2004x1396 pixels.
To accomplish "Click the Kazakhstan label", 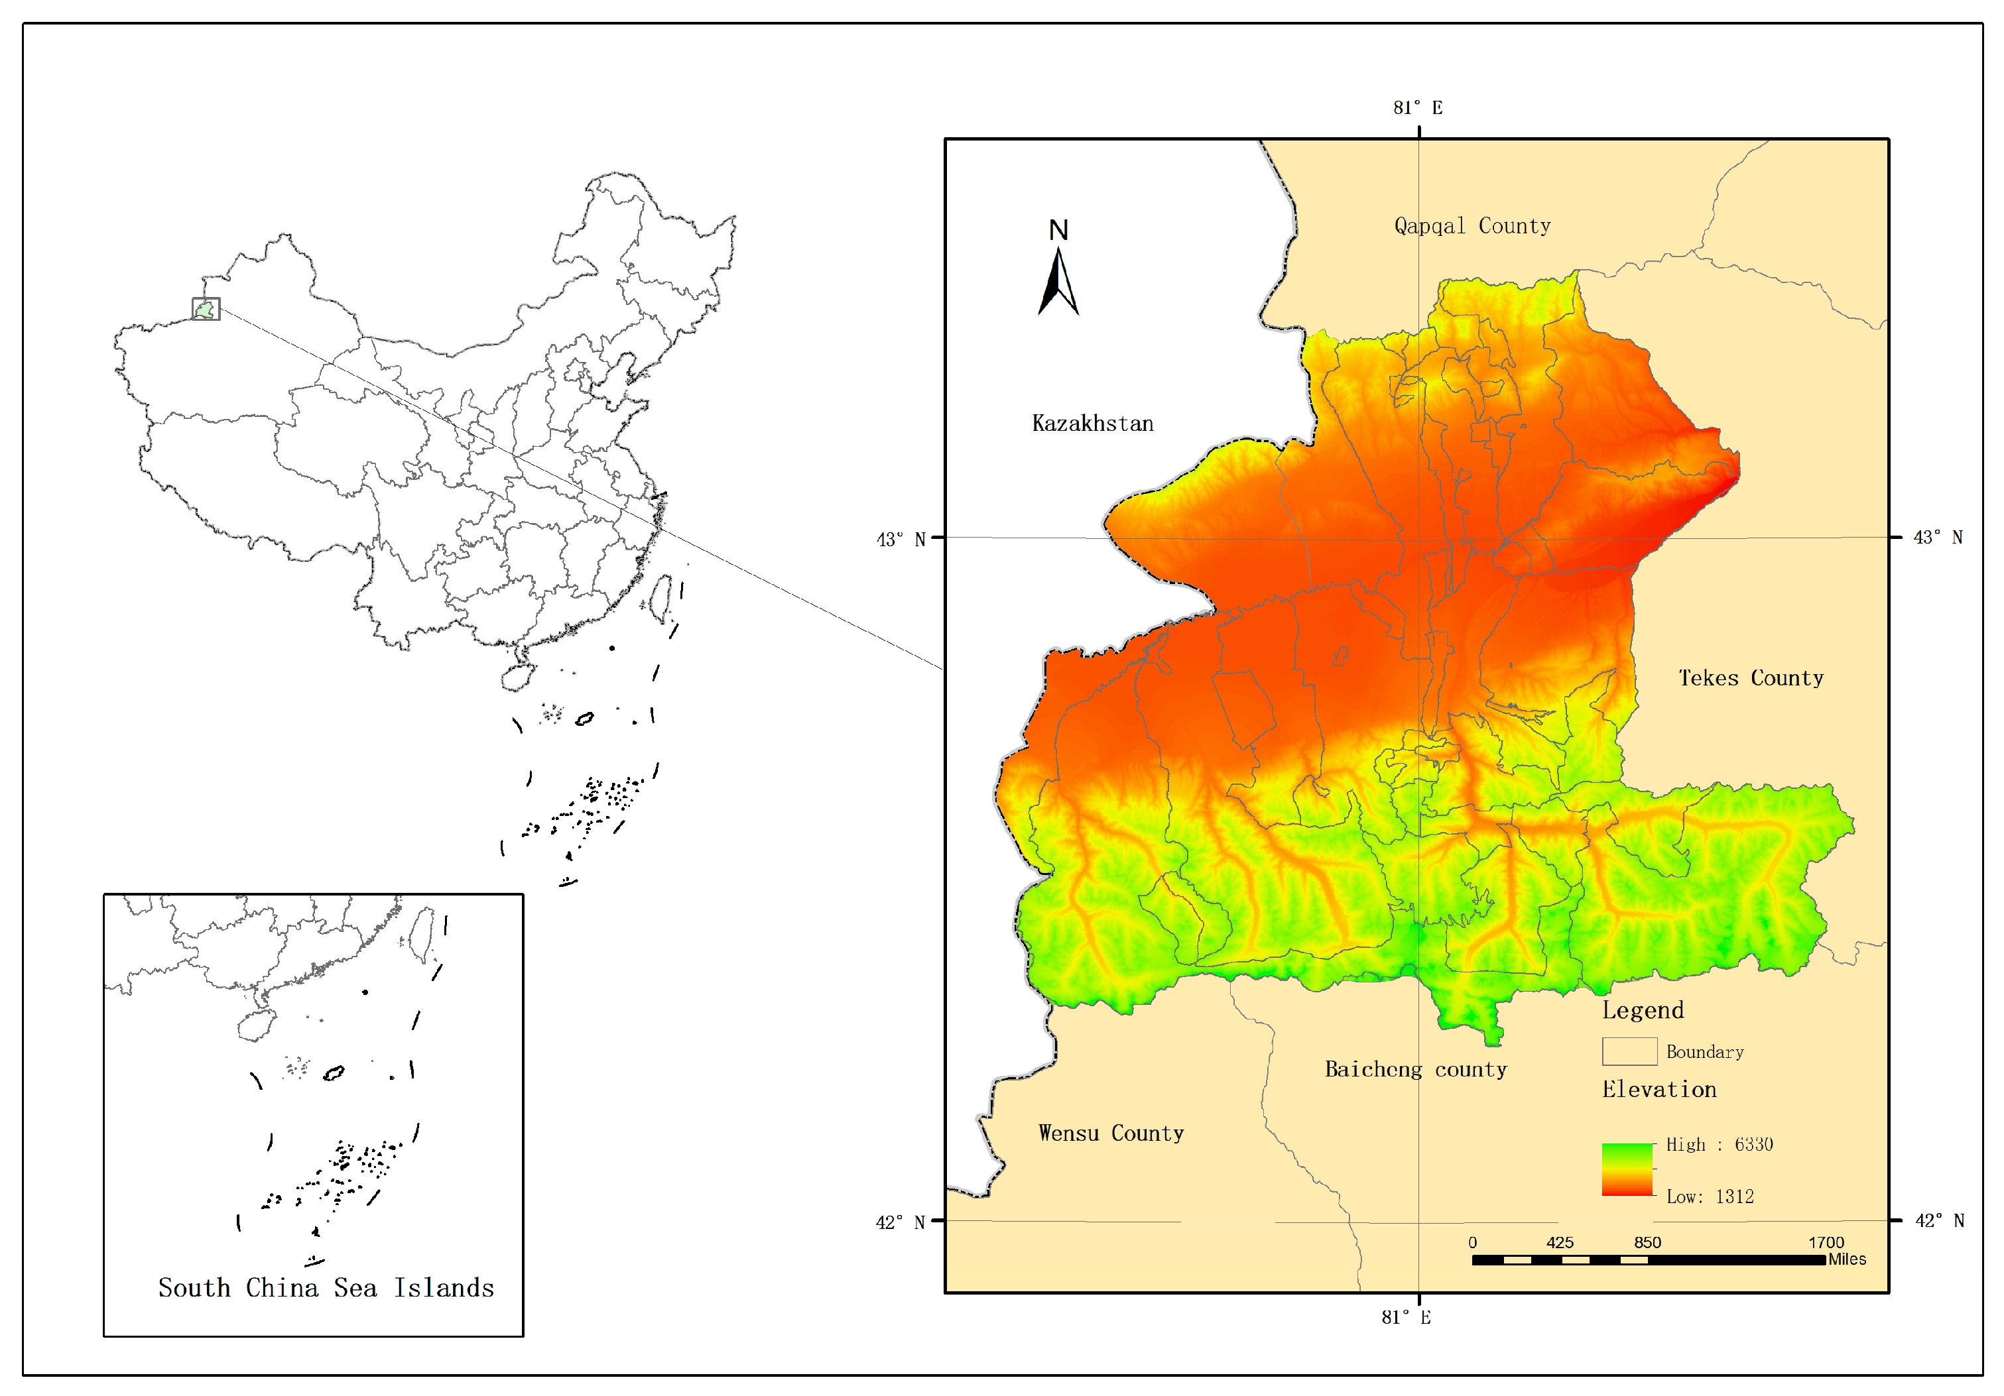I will point(1092,424).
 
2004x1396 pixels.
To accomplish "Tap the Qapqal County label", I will point(1472,226).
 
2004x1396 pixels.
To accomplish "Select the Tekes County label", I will point(1750,678).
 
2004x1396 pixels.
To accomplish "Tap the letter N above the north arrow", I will point(1058,230).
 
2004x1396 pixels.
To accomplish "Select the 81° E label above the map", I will point(1418,108).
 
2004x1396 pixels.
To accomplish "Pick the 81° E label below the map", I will point(1405,1318).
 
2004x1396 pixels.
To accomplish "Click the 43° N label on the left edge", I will point(901,539).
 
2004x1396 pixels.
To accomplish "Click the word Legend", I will point(1642,1010).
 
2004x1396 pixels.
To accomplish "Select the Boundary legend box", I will point(1629,1051).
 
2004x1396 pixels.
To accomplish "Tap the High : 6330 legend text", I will point(1719,1145).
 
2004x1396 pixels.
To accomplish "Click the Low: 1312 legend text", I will point(1709,1197).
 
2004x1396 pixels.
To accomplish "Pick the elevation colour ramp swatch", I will point(1627,1169).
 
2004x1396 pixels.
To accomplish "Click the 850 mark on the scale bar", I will point(1647,1242).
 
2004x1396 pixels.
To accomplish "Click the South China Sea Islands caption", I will point(326,1288).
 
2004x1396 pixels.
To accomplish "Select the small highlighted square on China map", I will point(206,309).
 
